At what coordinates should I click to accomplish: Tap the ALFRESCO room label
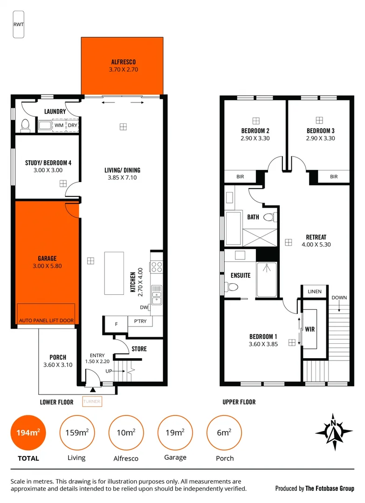123,61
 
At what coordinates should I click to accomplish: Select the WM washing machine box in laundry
59,125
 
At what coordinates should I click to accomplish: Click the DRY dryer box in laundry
72,125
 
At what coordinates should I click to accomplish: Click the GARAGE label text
47,258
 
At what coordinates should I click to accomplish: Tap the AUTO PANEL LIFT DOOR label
46,320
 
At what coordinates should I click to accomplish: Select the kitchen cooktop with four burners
156,267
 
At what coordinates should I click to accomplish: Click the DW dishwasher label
144,307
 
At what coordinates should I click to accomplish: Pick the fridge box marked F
117,323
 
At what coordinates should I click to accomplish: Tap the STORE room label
139,349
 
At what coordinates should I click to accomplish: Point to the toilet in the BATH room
269,217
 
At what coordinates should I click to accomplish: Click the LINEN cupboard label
315,292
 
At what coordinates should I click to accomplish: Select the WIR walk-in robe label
310,329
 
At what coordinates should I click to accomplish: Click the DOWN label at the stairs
339,298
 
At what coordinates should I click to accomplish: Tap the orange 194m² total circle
28,433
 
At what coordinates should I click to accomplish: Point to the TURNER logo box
92,401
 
